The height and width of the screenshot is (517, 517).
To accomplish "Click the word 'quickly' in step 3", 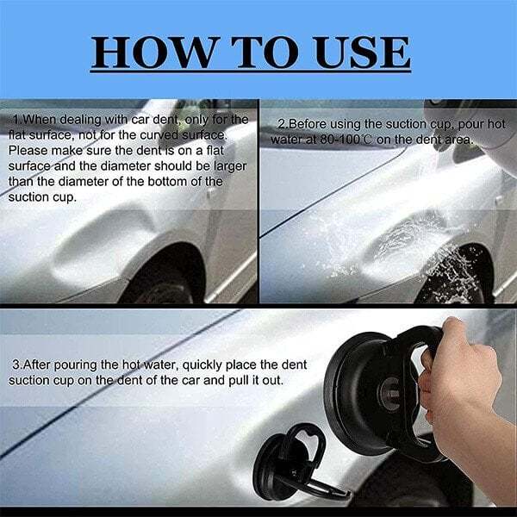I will (x=221, y=364).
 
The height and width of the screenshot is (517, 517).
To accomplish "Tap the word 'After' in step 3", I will (x=38, y=364).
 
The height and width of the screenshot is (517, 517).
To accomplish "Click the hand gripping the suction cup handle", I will (x=465, y=388).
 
